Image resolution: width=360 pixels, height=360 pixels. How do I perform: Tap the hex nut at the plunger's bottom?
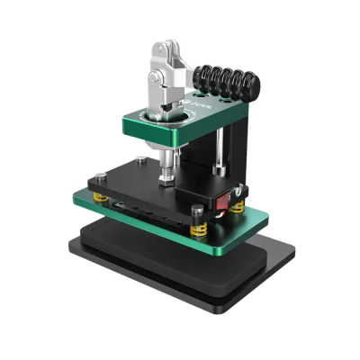166,179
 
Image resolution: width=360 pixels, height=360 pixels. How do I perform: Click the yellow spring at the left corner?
102,197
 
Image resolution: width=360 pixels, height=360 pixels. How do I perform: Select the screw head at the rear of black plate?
140,162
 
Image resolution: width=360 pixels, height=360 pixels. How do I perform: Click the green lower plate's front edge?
162,236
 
